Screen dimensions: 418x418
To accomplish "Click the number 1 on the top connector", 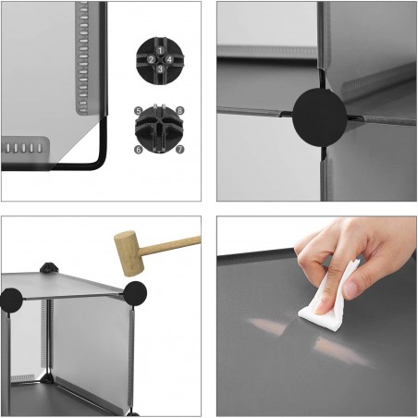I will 159,49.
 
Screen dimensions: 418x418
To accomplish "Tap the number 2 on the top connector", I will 151,60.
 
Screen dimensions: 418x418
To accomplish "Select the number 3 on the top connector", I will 159,68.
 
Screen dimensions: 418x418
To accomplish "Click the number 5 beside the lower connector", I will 138,111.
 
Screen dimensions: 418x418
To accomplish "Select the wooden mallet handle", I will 171,242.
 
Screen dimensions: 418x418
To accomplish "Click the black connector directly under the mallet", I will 135,294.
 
